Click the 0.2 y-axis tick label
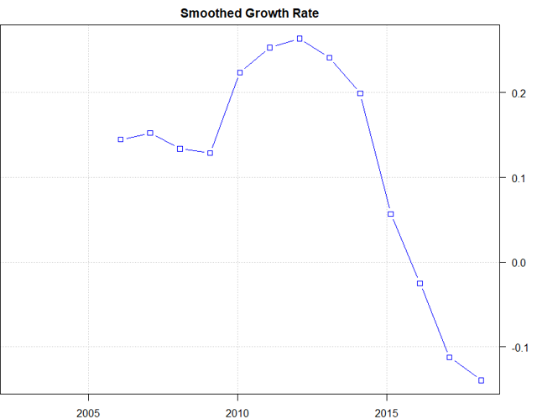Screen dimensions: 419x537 point(519,92)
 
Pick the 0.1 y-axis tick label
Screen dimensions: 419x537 point(519,177)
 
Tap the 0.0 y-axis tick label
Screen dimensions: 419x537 point(519,262)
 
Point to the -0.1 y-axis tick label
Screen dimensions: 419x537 point(518,347)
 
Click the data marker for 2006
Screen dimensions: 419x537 point(121,139)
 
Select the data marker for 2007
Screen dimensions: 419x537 point(150,133)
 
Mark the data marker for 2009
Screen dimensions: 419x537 point(210,153)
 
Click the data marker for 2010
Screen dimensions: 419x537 point(240,72)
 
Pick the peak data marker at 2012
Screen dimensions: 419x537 point(300,39)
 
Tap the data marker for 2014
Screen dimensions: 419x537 point(360,93)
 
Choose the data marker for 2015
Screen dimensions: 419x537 point(390,214)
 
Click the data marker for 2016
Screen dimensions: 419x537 point(420,283)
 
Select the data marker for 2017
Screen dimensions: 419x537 point(450,357)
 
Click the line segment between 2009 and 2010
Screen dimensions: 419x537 point(225,113)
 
